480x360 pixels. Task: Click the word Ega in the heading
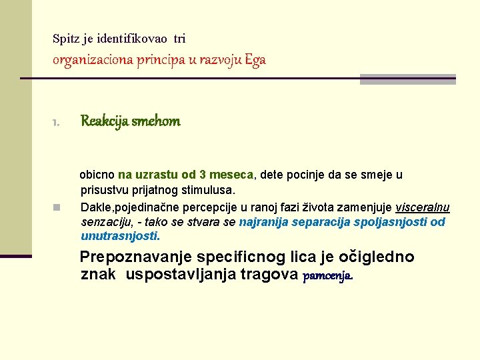coord(255,59)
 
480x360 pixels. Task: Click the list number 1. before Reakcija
coord(56,123)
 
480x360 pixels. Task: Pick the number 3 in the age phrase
coord(203,175)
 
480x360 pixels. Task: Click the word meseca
coord(231,175)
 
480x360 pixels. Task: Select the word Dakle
coord(96,207)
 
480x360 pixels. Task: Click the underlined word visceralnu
coord(422,207)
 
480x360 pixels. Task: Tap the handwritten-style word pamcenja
coord(327,275)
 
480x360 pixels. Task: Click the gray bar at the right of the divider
coord(407,79)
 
